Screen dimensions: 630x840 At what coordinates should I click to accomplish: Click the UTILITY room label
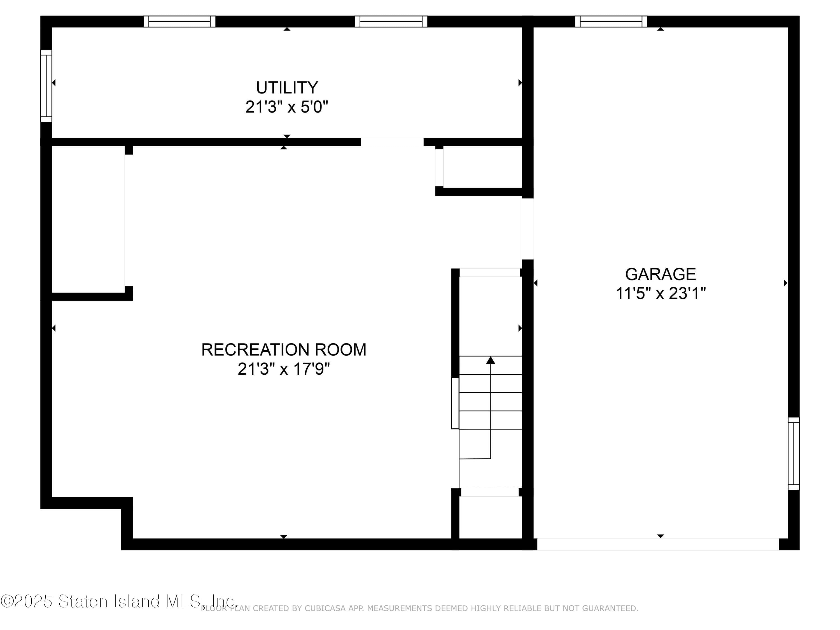pyautogui.click(x=287, y=88)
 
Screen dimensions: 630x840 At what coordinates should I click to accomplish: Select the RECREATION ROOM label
pyautogui.click(x=284, y=350)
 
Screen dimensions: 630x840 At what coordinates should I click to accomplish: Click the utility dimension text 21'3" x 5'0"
pyautogui.click(x=287, y=107)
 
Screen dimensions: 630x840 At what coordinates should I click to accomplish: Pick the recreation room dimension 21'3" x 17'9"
pyautogui.click(x=284, y=369)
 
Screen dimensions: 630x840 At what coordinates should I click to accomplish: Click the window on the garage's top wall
pyautogui.click(x=611, y=22)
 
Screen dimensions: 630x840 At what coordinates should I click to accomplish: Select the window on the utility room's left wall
pyautogui.click(x=46, y=86)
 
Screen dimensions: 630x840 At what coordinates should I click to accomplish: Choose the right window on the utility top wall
pyautogui.click(x=391, y=22)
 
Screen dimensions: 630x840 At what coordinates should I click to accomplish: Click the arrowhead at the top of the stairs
pyautogui.click(x=491, y=360)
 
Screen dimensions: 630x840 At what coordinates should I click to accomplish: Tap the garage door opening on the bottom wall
pyautogui.click(x=658, y=544)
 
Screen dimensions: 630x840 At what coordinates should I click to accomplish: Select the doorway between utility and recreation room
pyautogui.click(x=392, y=142)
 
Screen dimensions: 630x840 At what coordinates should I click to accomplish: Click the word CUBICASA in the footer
pyautogui.click(x=322, y=608)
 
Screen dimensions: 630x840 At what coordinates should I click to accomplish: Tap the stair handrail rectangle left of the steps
pyautogui.click(x=455, y=403)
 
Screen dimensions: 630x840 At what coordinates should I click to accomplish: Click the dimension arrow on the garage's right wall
pyautogui.click(x=785, y=283)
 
